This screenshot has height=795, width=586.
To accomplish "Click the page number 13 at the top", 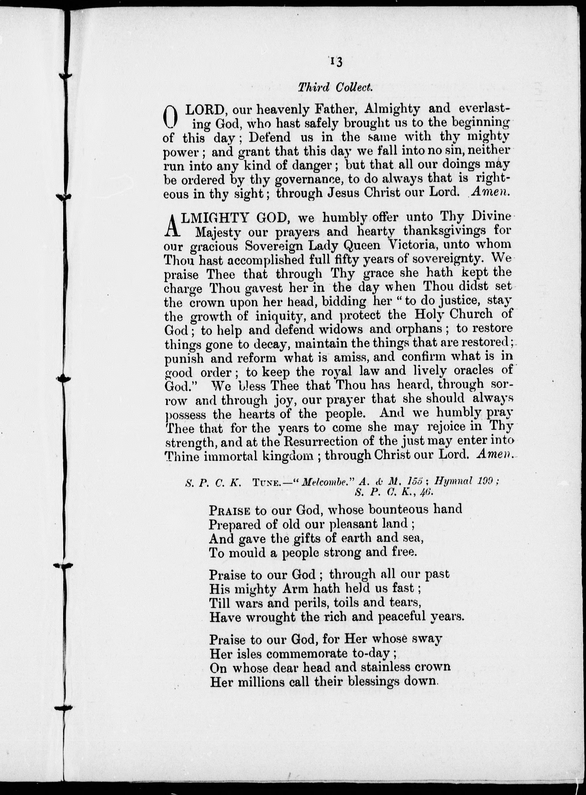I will pyautogui.click(x=335, y=62).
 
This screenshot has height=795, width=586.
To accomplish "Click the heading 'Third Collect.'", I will pyautogui.click(x=335, y=87).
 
